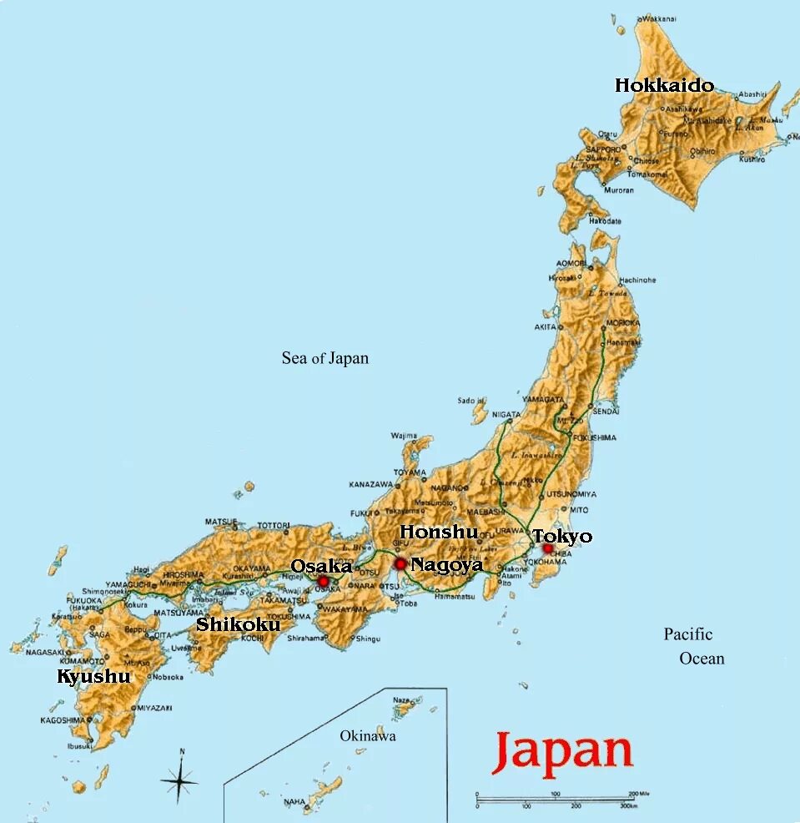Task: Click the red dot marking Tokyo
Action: pyautogui.click(x=548, y=548)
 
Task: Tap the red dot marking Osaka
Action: pyautogui.click(x=323, y=581)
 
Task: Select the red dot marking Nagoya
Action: pyautogui.click(x=400, y=564)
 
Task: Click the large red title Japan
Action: pyautogui.click(x=562, y=751)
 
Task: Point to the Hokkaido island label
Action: pyautogui.click(x=664, y=85)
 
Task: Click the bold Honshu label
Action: pyautogui.click(x=439, y=532)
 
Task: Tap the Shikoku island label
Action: pyautogui.click(x=238, y=624)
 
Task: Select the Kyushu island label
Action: pyautogui.click(x=93, y=676)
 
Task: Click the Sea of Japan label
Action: pyautogui.click(x=325, y=358)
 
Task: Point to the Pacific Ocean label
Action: pyautogui.click(x=694, y=646)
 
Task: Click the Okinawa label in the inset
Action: pyautogui.click(x=368, y=736)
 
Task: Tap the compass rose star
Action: pyautogui.click(x=180, y=781)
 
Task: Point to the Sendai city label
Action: pyautogui.click(x=606, y=411)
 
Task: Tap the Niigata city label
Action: pyautogui.click(x=506, y=414)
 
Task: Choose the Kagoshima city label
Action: pyautogui.click(x=62, y=719)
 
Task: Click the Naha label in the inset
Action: pyautogui.click(x=294, y=801)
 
